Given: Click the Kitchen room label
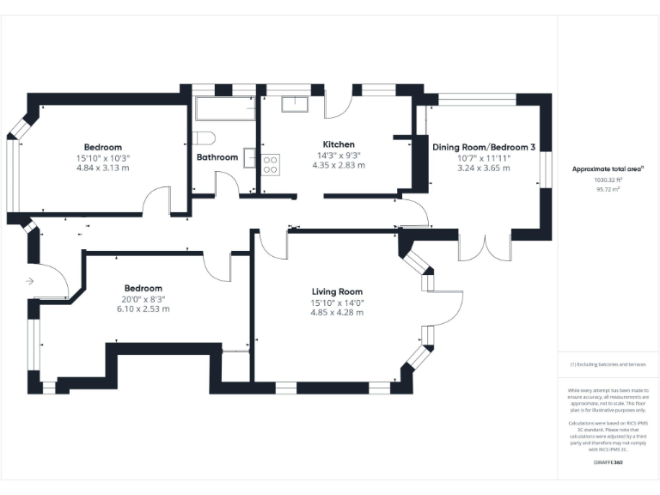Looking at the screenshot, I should (x=339, y=144).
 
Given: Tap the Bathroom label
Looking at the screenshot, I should (x=217, y=157).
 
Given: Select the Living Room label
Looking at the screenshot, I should (x=337, y=291).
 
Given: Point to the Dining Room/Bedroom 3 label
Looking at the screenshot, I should (x=484, y=148).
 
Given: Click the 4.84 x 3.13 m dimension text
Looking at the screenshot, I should (x=103, y=168).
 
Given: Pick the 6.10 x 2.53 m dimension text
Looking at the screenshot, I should (x=144, y=309).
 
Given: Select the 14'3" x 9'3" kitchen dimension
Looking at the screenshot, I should (x=339, y=155).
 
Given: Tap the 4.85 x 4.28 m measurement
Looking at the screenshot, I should (x=337, y=312).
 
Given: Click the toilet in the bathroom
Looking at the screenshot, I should (x=204, y=137).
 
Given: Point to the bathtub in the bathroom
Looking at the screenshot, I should (x=225, y=109).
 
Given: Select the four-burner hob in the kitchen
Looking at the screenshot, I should (x=269, y=162).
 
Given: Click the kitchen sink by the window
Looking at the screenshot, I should (x=296, y=105).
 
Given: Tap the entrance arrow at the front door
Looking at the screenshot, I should (x=29, y=281).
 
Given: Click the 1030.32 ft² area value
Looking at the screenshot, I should (x=607, y=180).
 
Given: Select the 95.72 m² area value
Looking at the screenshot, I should (x=607, y=189).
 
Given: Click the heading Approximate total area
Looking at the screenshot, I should (x=608, y=169).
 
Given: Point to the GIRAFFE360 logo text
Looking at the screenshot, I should (x=608, y=462).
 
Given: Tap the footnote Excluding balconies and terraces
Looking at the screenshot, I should (x=608, y=364).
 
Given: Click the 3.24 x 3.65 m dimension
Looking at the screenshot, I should (x=484, y=168).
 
